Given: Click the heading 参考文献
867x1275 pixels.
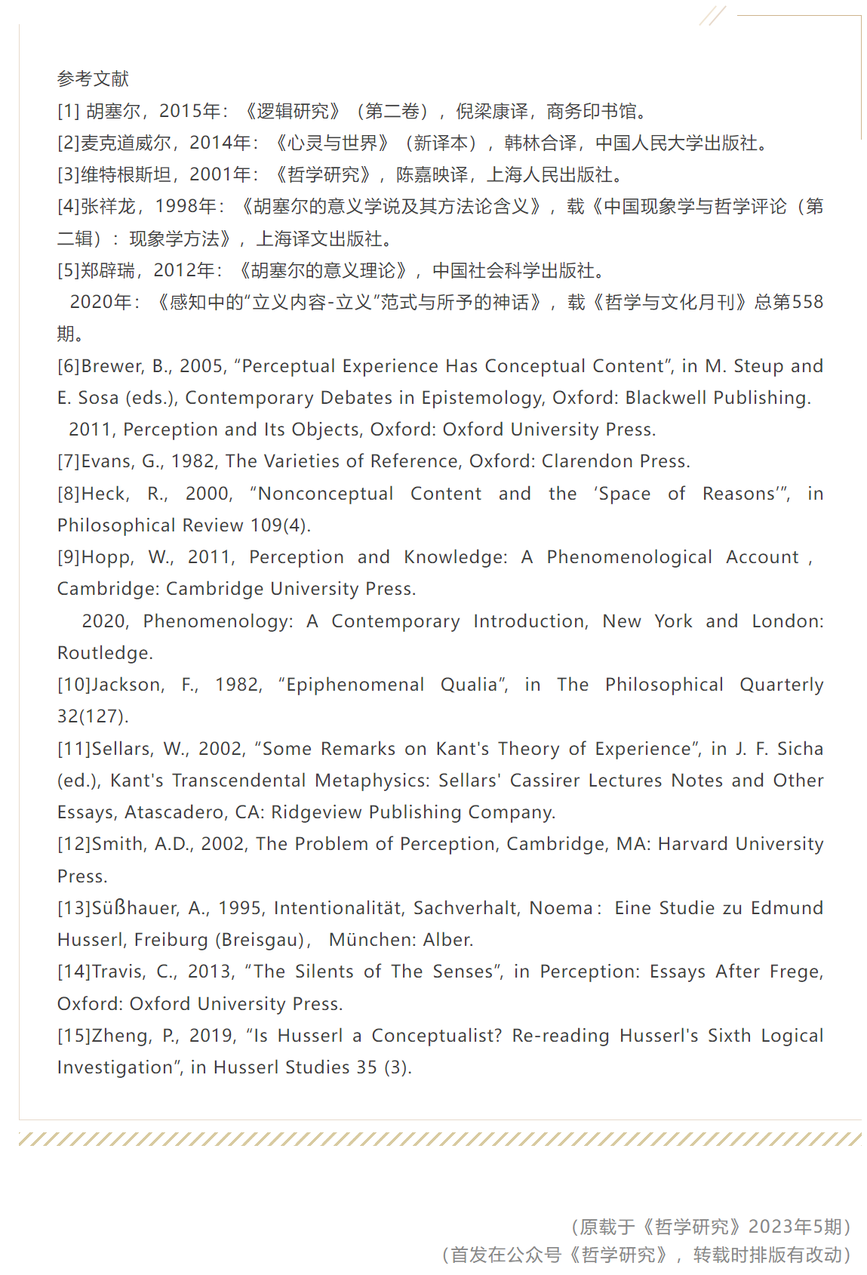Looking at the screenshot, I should point(93,79).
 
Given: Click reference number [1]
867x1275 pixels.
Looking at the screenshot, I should point(68,111).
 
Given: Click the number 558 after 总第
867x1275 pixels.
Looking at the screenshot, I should point(807,302).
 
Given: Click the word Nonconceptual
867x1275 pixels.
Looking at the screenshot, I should point(325,494).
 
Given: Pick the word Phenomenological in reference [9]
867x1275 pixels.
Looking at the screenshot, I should point(629,557).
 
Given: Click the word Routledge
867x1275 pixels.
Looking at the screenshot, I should point(105,653).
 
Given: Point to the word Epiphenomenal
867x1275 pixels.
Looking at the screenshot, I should point(355,685).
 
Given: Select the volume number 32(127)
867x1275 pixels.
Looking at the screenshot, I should point(93,716).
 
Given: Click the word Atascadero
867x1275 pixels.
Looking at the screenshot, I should point(175,812).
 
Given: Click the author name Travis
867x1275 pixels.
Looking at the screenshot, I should point(117,972).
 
